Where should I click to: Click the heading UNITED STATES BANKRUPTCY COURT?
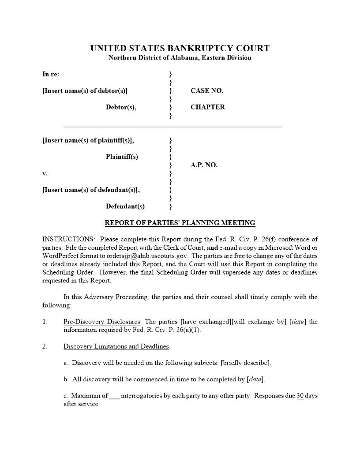[180, 48]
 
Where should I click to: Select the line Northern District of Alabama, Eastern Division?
[180, 58]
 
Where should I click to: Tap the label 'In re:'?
[51, 74]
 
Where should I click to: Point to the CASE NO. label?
[207, 91]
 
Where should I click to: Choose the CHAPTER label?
[207, 107]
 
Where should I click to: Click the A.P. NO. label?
[204, 165]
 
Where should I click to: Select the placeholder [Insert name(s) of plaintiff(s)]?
[88, 140]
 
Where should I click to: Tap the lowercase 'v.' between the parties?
[45, 173]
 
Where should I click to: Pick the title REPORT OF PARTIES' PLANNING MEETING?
[180, 223]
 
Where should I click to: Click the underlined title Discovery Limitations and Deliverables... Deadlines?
[116, 346]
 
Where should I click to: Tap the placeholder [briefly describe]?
[245, 363]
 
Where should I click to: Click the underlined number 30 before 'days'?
[300, 396]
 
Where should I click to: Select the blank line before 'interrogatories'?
[114, 396]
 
